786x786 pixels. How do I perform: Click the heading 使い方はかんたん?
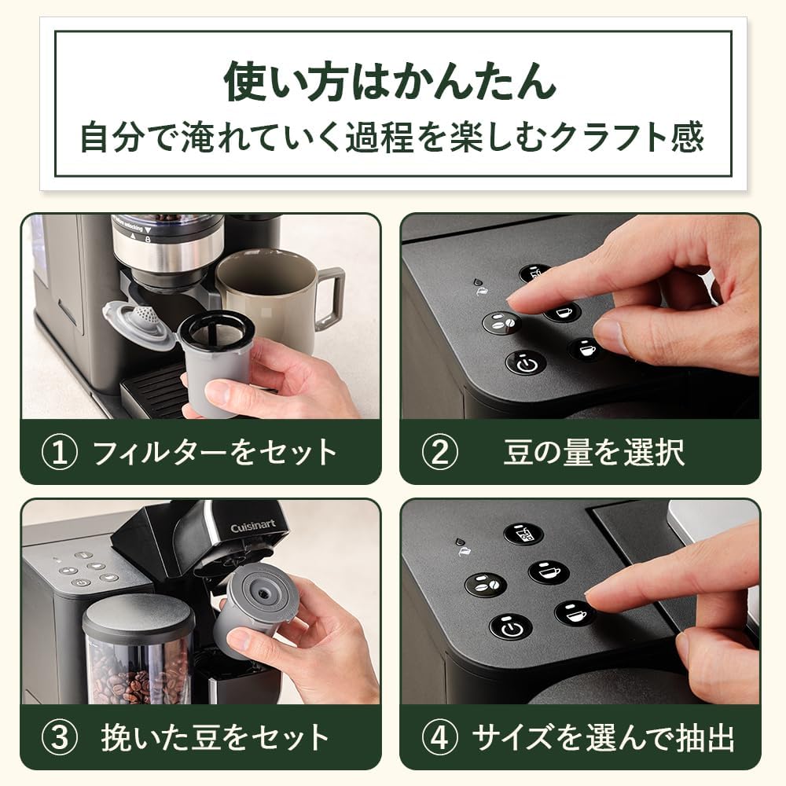[391, 82]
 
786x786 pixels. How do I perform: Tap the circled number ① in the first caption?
[60, 453]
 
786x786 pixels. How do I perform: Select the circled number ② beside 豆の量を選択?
[440, 453]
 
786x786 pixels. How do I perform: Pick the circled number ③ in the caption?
[60, 738]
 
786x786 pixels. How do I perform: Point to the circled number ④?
[440, 738]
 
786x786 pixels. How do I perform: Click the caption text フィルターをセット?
[215, 453]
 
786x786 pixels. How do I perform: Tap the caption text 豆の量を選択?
[594, 453]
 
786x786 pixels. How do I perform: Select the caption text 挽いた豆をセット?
[215, 738]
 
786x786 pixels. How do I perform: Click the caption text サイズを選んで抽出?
[603, 738]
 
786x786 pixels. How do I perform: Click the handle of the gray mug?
[329, 299]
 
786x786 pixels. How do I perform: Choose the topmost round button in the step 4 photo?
[523, 534]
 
